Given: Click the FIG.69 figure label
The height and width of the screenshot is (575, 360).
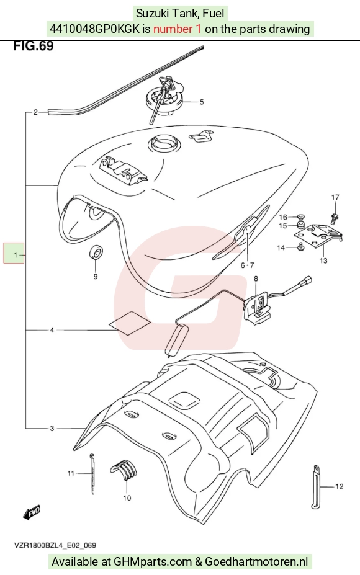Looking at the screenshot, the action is click(x=34, y=46).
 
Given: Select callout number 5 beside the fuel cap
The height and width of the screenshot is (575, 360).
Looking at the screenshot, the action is click(x=202, y=102).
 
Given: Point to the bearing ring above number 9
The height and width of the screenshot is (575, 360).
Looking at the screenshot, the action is click(x=96, y=252).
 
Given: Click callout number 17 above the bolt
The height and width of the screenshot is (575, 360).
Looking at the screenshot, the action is click(x=335, y=197).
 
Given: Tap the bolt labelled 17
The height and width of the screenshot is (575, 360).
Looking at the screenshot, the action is click(x=335, y=218).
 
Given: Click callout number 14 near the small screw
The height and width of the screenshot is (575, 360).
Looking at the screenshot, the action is click(x=281, y=248).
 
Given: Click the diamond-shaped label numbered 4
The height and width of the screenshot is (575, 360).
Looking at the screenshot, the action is click(x=129, y=323).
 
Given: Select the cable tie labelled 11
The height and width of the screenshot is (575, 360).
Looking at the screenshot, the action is click(x=92, y=473).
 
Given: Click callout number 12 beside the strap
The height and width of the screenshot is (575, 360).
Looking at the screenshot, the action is click(x=339, y=486).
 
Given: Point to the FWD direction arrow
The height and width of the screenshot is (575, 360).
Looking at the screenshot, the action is click(x=32, y=512).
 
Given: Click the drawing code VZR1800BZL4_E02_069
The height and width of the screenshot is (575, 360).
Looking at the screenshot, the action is click(x=55, y=545).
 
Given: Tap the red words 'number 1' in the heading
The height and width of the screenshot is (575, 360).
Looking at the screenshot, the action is click(x=178, y=29).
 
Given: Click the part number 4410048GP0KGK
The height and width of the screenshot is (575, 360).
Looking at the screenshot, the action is click(x=94, y=29).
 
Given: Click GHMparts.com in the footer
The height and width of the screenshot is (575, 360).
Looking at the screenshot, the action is click(x=153, y=561).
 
